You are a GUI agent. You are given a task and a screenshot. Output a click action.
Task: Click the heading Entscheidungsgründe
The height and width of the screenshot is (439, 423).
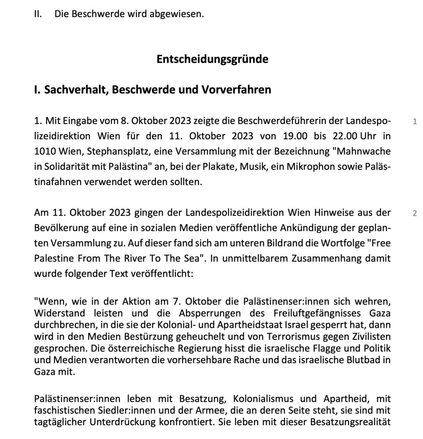click(212, 59)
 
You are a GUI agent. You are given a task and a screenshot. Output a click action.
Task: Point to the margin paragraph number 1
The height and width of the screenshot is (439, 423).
click(414, 122)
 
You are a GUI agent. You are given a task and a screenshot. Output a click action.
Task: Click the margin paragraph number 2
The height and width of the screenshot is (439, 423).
click(414, 213)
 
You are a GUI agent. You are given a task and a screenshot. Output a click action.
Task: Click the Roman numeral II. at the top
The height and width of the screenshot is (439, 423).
click(39, 14)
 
